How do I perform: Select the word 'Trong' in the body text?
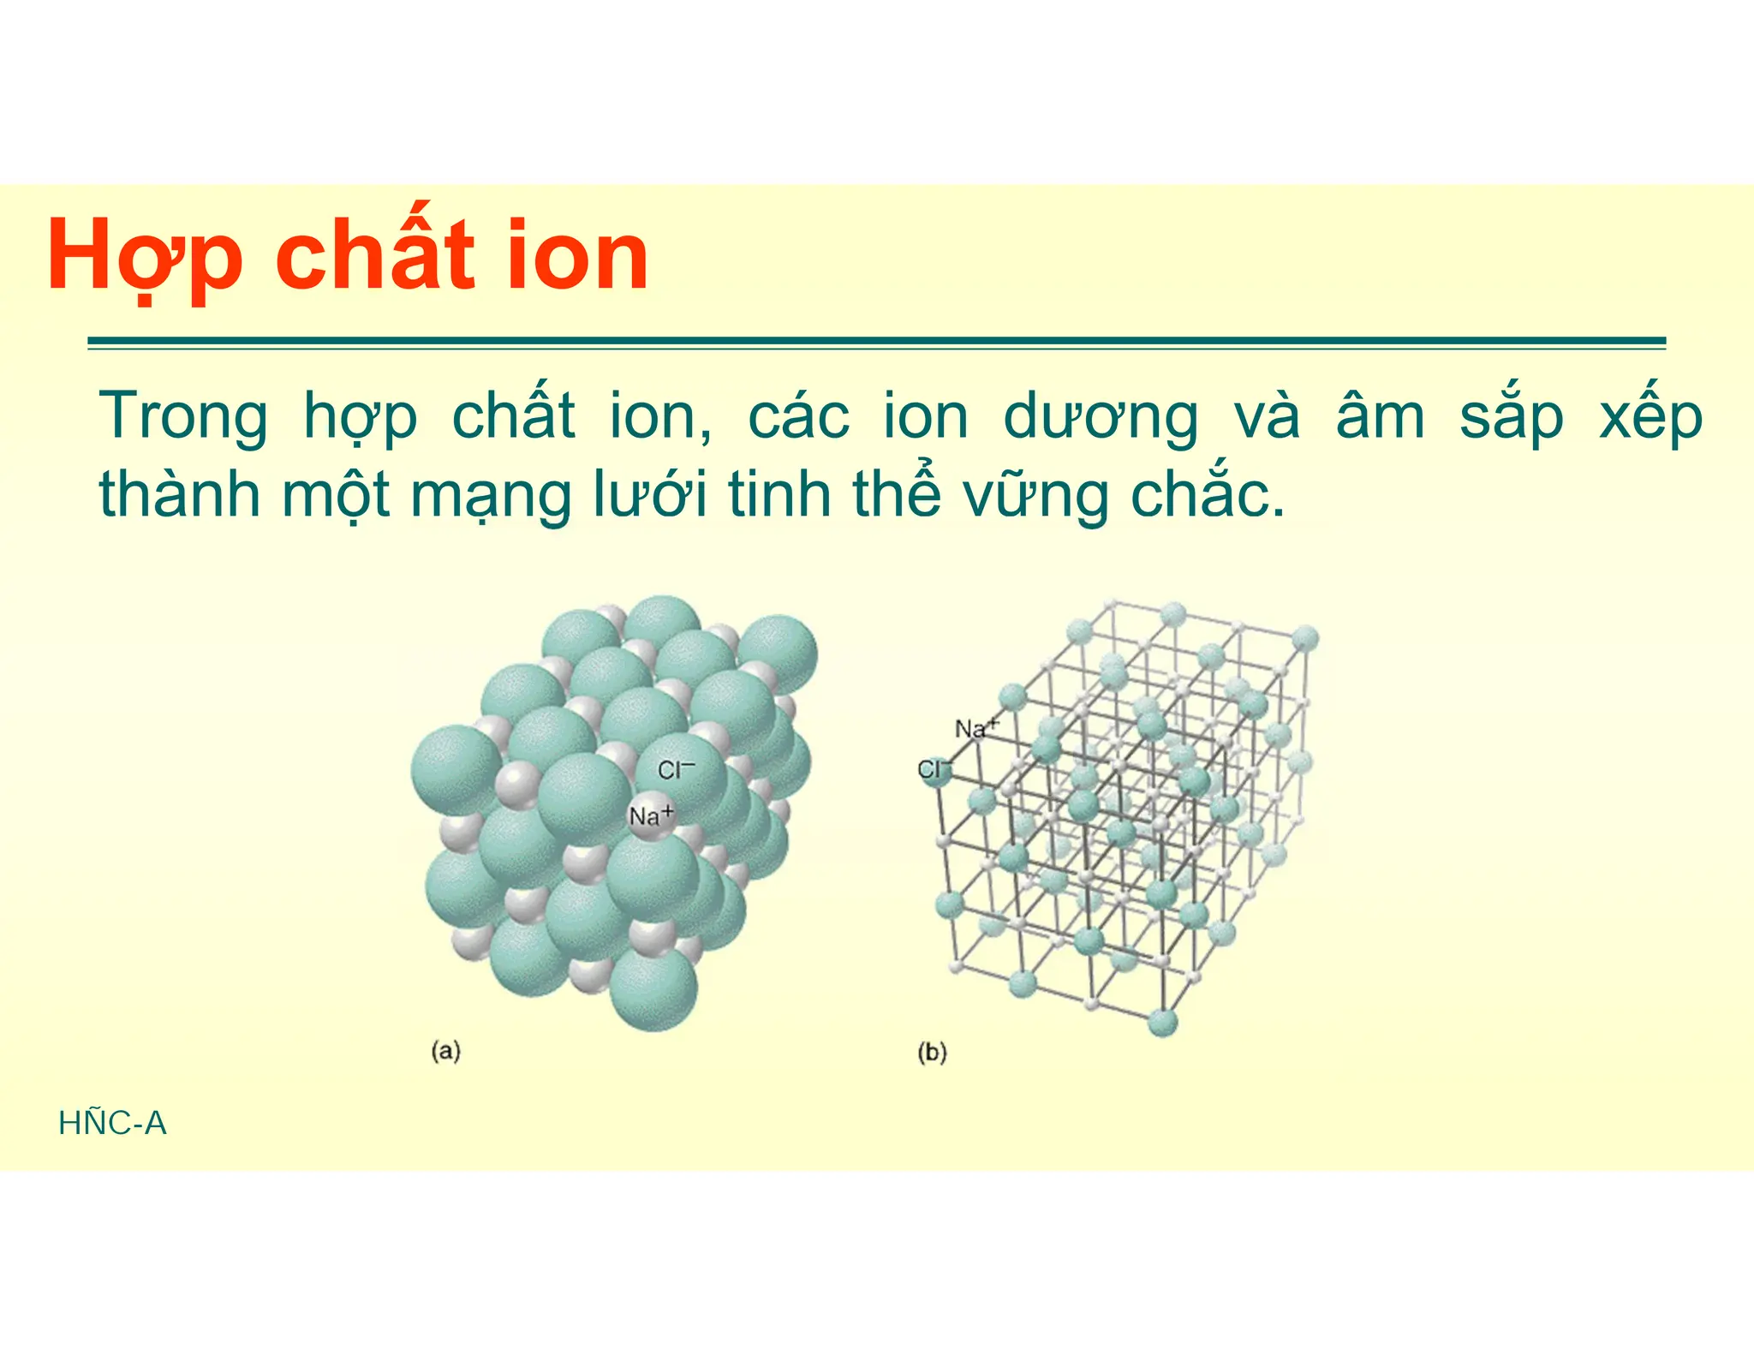[x=183, y=417]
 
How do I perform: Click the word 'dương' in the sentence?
[x=1101, y=417]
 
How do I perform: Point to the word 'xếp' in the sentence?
[x=1650, y=417]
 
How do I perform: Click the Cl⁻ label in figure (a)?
[x=676, y=770]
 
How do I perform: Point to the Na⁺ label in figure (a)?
[x=651, y=815]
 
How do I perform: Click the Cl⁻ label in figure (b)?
[x=934, y=769]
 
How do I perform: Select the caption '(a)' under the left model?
[x=445, y=1050]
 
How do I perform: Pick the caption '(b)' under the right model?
[x=932, y=1052]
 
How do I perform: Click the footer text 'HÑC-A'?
[x=112, y=1123]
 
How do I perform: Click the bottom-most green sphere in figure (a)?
[x=653, y=989]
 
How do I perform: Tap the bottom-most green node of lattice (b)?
[x=1162, y=1022]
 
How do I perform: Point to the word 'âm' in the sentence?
[x=1380, y=417]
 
